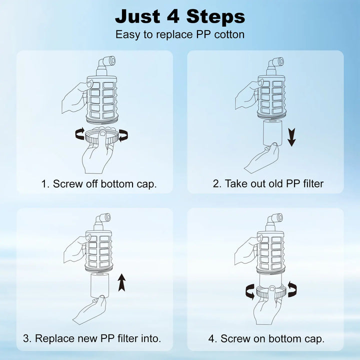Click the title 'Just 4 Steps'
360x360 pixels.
180,16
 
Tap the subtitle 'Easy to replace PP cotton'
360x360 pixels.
180,34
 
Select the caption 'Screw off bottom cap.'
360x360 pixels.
104,184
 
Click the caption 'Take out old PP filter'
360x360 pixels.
274,183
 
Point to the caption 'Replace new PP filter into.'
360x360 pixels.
98,338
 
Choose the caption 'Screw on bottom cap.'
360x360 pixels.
272,339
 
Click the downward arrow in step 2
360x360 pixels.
291,137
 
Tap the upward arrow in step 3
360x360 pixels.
121,282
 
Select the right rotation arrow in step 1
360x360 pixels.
123,135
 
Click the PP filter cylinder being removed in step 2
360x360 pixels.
272,132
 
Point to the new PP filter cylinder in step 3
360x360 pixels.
100,285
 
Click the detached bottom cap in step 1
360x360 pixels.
102,136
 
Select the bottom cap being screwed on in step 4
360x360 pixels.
271,292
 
